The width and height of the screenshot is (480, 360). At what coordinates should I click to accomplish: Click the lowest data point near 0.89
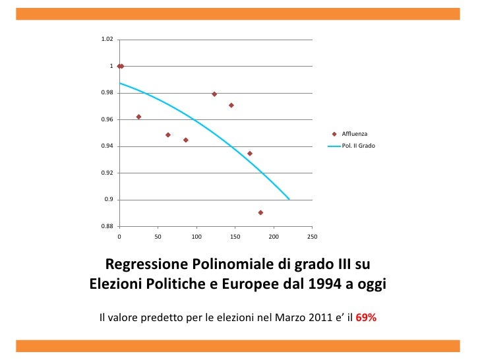pos(260,212)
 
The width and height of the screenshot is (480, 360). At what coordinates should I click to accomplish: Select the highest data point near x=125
pos(214,94)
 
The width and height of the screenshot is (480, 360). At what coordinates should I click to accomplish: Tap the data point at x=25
pos(138,117)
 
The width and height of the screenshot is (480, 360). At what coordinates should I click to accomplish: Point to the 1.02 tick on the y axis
pos(106,40)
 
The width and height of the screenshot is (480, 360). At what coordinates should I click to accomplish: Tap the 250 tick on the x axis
pos(313,235)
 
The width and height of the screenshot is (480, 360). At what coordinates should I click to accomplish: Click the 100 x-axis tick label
pos(196,235)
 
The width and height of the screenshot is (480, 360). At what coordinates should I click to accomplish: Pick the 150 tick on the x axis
pos(235,235)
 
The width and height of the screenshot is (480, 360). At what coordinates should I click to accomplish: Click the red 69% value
pos(366,317)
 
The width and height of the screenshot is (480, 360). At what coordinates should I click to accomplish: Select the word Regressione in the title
pos(147,265)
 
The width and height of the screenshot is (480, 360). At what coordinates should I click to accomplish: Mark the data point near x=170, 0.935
pos(250,154)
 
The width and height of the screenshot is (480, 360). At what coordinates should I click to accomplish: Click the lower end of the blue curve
pos(289,198)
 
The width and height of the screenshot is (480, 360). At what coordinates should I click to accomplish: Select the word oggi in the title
pos(369,285)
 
